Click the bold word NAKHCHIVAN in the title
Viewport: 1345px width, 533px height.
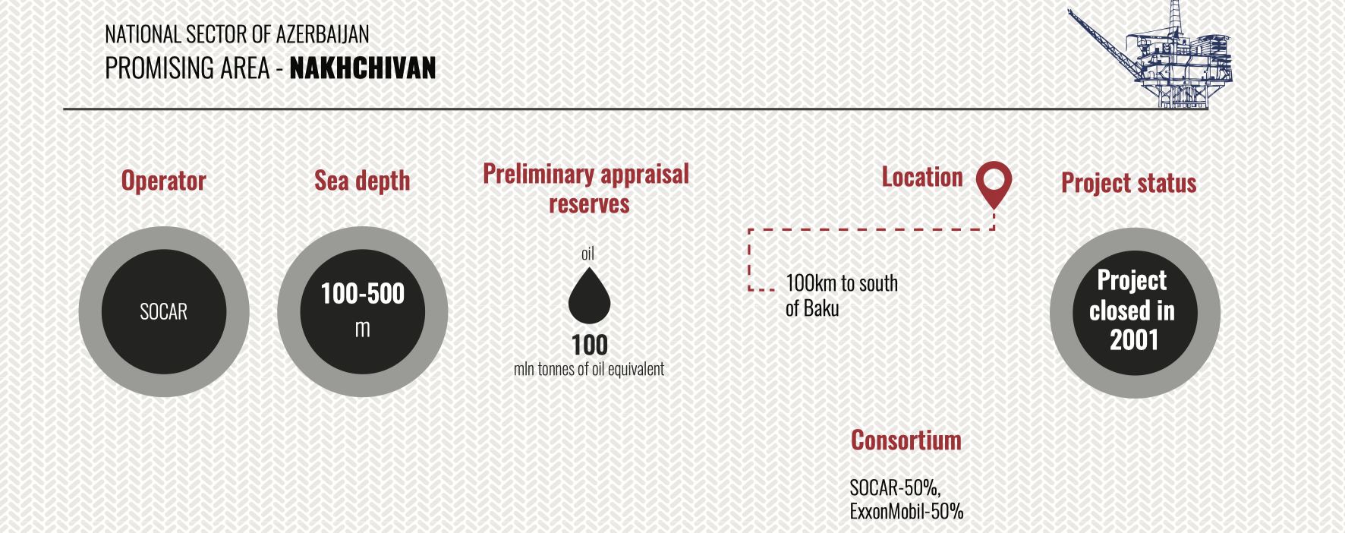(x=363, y=68)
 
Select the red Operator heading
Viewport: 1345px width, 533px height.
(x=164, y=181)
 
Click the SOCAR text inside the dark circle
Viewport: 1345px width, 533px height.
(x=164, y=312)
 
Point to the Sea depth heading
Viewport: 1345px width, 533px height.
(x=362, y=181)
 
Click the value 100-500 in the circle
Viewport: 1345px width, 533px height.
(x=363, y=294)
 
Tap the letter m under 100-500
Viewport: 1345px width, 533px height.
(x=363, y=330)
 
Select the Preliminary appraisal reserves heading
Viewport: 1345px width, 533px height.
(x=587, y=188)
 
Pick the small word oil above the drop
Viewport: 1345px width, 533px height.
(x=587, y=254)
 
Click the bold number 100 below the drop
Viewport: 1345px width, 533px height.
(x=590, y=345)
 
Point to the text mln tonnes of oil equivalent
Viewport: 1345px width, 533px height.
(x=589, y=369)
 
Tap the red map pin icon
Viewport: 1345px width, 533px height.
(x=994, y=182)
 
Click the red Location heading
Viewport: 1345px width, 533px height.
(x=922, y=178)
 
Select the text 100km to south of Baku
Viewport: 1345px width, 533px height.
(x=842, y=295)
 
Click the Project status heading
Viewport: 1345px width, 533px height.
(x=1129, y=183)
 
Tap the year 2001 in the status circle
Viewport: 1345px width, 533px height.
(x=1134, y=340)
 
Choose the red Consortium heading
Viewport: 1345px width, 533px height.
(x=906, y=440)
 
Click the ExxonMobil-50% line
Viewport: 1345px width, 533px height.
(x=906, y=511)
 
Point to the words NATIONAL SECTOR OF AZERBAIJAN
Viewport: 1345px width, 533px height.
(x=237, y=34)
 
